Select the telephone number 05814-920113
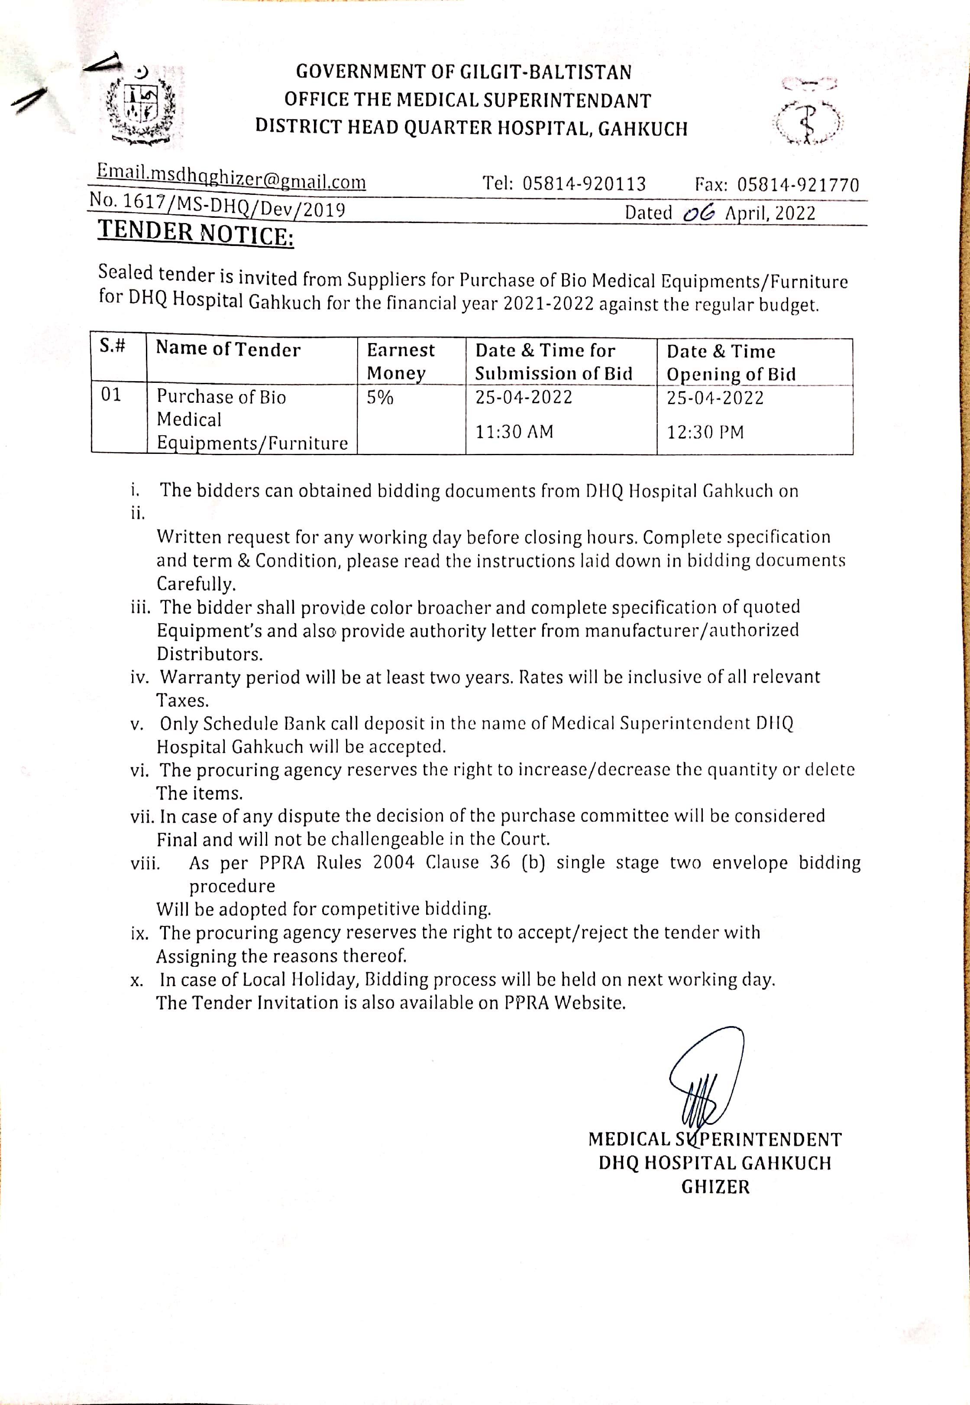[584, 184]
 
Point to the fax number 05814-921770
[798, 185]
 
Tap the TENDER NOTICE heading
[196, 233]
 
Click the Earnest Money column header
[401, 361]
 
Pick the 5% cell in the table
[380, 398]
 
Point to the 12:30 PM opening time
[705, 433]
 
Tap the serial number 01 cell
[111, 395]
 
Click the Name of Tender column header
[228, 350]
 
